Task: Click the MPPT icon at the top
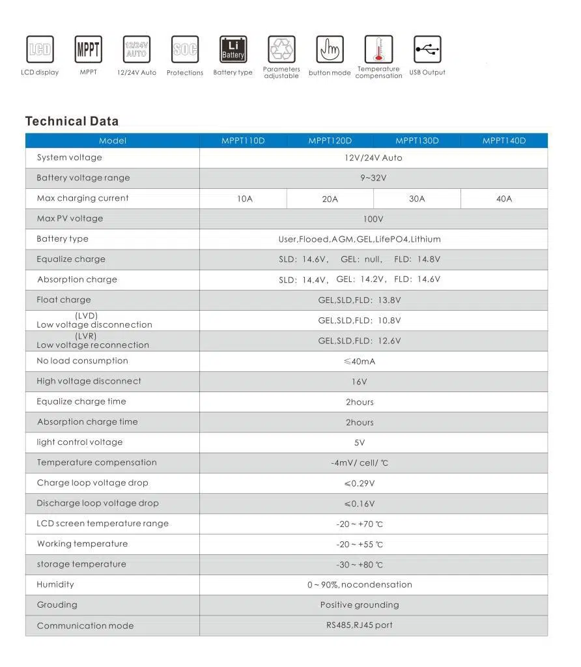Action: coord(89,50)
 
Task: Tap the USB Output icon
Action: coord(427,50)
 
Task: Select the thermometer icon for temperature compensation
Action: coord(378,50)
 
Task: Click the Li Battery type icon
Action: coord(233,50)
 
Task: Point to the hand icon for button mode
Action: coord(330,50)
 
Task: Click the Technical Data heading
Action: coord(72,121)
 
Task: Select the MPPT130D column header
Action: coord(417,141)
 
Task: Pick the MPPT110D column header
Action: coord(243,141)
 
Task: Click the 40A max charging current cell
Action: coord(504,199)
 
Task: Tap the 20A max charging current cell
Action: coord(330,199)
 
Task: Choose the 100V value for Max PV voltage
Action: coord(373,219)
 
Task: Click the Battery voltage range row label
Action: coord(83,178)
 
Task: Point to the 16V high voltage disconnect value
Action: coord(360,382)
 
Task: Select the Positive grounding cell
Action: coord(360,605)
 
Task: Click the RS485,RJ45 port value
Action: coord(360,625)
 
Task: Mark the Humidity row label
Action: coord(55,585)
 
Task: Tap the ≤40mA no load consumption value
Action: coord(360,362)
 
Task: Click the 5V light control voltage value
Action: coord(360,443)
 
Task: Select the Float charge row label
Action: coord(64,300)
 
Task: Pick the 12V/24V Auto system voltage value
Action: coord(373,158)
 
